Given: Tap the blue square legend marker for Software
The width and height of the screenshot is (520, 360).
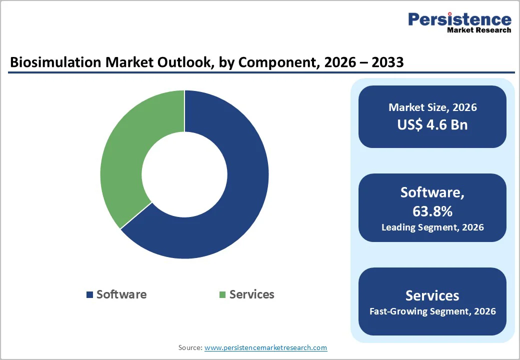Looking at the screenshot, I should tap(89, 294).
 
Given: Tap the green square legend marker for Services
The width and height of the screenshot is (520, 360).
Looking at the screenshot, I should tap(222, 294).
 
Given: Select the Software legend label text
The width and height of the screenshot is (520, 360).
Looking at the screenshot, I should tap(121, 294).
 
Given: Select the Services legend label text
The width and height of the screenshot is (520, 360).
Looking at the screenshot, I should tap(251, 294).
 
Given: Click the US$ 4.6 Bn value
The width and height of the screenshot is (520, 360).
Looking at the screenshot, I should tap(432, 124).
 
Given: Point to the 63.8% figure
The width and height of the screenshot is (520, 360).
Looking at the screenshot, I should tap(432, 211).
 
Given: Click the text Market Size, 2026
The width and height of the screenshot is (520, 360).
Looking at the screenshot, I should tap(432, 107).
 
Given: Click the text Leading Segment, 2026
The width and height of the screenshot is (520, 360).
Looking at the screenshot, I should tap(432, 227).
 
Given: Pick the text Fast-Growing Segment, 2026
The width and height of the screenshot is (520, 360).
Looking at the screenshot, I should tap(432, 311).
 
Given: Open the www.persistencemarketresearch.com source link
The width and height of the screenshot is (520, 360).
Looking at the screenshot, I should tap(265, 347).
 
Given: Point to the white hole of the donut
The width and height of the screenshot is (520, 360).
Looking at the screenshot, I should tap(184, 174).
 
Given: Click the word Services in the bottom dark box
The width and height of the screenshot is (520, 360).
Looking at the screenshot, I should tap(432, 295).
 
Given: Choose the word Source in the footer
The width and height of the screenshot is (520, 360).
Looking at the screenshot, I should tap(189, 347).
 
